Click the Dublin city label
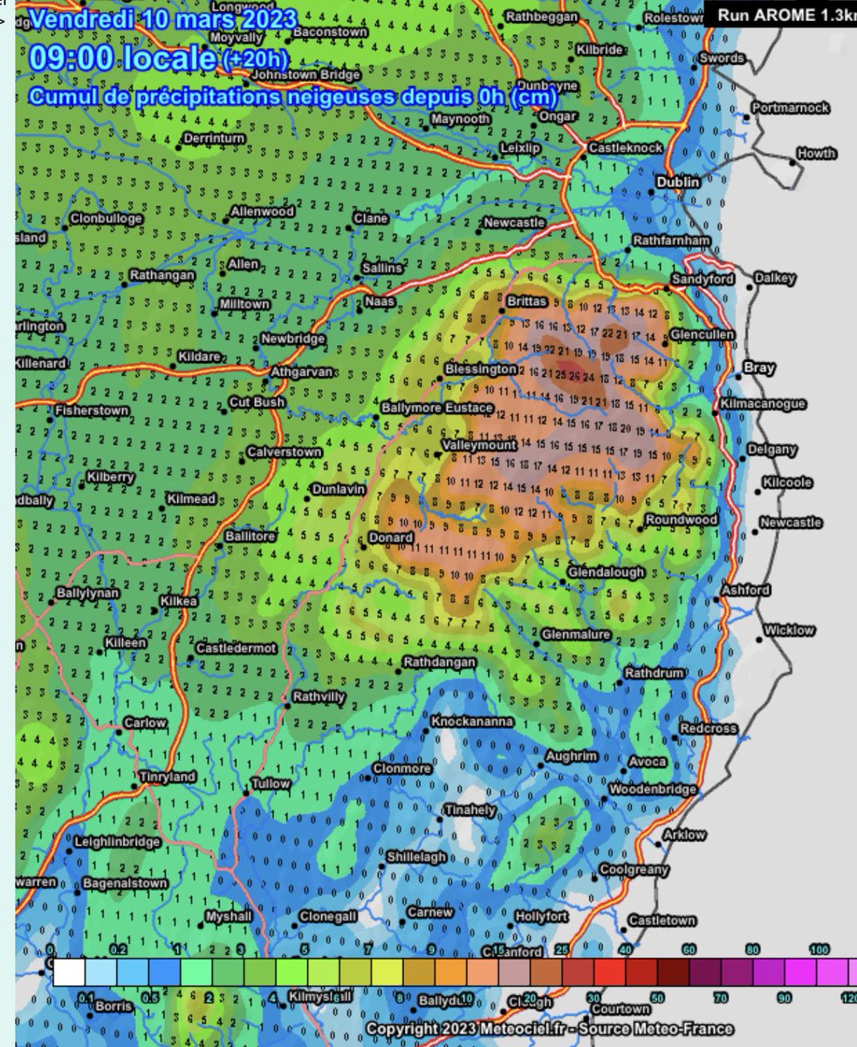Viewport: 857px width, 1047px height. click(678, 182)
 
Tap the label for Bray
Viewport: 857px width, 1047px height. click(758, 368)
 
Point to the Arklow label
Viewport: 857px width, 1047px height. click(684, 835)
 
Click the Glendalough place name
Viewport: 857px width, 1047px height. click(606, 572)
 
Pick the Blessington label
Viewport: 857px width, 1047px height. click(481, 369)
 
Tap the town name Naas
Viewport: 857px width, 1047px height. click(380, 301)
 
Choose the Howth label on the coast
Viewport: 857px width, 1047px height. click(816, 154)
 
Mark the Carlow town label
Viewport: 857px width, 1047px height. click(144, 723)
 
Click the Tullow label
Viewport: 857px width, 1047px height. click(271, 784)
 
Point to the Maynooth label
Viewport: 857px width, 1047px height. click(460, 119)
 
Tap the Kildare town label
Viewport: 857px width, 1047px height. click(201, 358)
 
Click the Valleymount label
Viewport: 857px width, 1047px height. click(479, 444)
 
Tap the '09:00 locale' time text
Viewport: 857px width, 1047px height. click(122, 58)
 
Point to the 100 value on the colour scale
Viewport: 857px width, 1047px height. click(819, 949)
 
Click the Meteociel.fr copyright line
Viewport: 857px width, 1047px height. click(549, 1030)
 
